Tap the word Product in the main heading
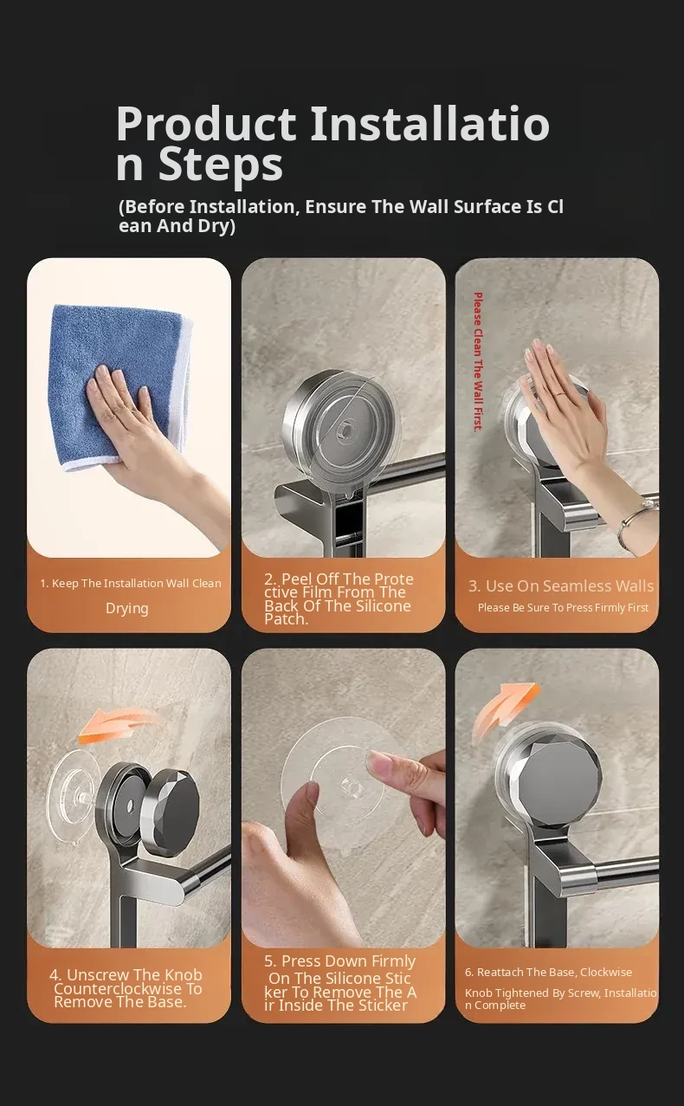point(206,124)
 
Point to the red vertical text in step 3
point(478,362)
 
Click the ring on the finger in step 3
point(559,393)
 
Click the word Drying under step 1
point(126,608)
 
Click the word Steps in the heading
point(220,165)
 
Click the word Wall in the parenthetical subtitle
point(429,206)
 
